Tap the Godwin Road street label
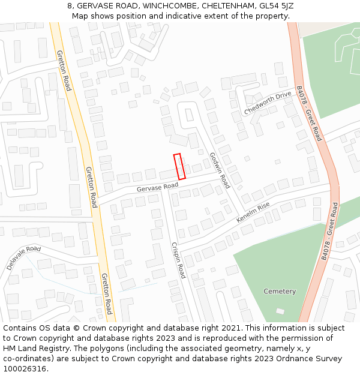tap(220, 170)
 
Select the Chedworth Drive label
tap(267, 104)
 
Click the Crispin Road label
tap(178, 260)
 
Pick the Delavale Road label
tap(24, 257)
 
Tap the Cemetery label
tap(280, 292)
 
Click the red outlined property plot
tap(179, 166)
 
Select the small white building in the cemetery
tap(280, 311)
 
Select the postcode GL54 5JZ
tap(275, 6)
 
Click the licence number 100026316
tap(25, 369)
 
